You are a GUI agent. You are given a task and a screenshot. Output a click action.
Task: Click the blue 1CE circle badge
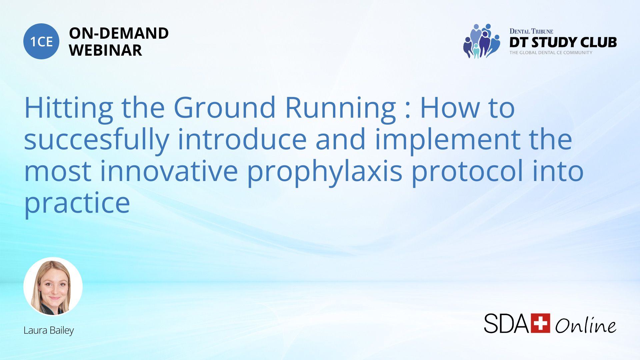41,41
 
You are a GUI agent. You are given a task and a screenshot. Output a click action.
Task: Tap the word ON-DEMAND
119,33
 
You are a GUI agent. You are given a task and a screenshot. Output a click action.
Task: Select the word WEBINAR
105,50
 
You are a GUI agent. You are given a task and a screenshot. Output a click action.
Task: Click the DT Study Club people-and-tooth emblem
482,41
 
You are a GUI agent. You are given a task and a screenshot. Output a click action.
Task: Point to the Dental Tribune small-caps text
531,31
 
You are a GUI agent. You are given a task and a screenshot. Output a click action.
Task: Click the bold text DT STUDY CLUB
563,42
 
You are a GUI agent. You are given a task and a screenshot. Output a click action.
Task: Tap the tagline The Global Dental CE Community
551,53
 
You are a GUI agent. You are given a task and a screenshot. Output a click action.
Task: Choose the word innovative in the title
169,171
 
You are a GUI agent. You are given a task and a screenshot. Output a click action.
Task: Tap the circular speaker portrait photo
53,286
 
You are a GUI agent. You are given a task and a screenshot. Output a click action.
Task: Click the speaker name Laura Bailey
49,330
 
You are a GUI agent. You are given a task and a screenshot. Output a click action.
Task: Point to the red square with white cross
540,323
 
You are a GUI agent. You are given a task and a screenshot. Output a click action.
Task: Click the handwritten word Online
586,324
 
